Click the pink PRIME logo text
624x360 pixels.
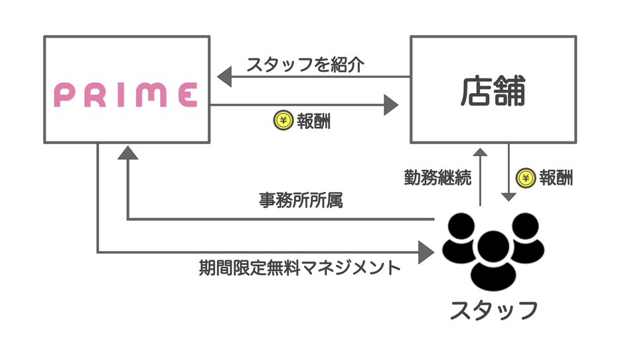pyautogui.click(x=125, y=95)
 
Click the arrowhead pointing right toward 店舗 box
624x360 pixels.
pyautogui.click(x=391, y=104)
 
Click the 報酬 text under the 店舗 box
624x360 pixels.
pyautogui.click(x=556, y=177)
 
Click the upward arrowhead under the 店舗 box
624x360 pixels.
pyautogui.click(x=480, y=151)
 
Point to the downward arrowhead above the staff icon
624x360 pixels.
pyautogui.click(x=508, y=197)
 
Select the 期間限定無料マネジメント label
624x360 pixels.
pyautogui.click(x=300, y=268)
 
